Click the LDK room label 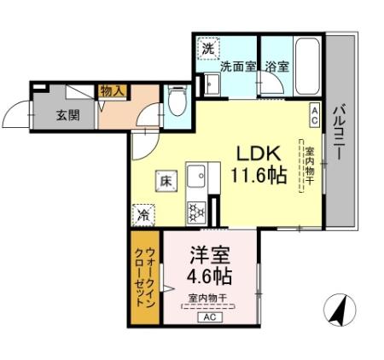tap(255, 155)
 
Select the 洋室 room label tap(207, 255)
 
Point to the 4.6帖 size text tap(207, 276)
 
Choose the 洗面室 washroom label tap(238, 66)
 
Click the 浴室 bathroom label tap(276, 66)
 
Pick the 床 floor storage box tap(165, 180)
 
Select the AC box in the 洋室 tap(208, 316)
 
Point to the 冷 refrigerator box tap(144, 215)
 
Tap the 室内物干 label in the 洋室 tap(207, 297)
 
